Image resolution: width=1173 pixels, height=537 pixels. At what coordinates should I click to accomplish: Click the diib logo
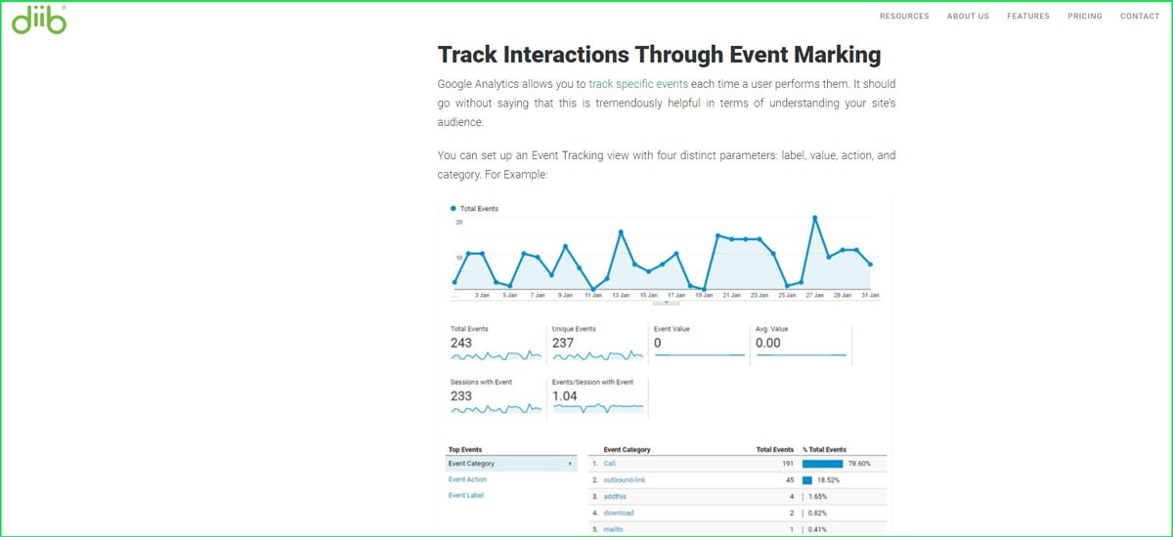point(39,20)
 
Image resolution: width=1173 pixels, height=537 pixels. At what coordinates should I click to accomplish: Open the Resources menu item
point(904,17)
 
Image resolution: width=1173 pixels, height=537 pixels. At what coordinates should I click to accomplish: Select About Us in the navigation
point(968,17)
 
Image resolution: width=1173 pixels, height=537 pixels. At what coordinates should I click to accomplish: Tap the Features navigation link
point(1028,17)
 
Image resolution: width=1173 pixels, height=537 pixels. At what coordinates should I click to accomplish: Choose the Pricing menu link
point(1084,17)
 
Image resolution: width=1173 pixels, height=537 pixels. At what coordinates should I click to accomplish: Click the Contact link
point(1140,17)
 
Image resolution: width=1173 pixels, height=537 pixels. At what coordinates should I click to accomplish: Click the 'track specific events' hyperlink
point(638,84)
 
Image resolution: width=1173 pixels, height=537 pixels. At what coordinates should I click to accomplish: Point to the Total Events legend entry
point(479,209)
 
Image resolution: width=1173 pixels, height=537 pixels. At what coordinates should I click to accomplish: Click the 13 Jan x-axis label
point(621,295)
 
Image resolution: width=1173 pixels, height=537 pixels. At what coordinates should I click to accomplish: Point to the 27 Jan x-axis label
point(814,295)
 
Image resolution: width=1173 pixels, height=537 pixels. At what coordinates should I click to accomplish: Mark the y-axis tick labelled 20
point(458,223)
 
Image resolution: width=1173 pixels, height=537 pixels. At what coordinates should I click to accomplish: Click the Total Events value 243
point(461,343)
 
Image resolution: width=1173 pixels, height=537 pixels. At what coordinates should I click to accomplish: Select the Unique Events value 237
point(563,343)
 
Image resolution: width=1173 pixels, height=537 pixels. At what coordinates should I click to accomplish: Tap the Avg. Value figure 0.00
point(768,343)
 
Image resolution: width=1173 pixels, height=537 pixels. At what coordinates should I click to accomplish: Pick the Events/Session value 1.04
point(565,395)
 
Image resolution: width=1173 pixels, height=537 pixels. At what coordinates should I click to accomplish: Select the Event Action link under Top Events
point(467,479)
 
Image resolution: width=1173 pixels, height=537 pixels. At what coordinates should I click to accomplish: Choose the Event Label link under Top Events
point(465,495)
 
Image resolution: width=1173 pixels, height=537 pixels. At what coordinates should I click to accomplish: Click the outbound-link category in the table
point(625,480)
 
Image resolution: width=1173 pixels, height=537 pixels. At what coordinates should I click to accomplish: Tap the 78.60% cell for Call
point(857,464)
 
